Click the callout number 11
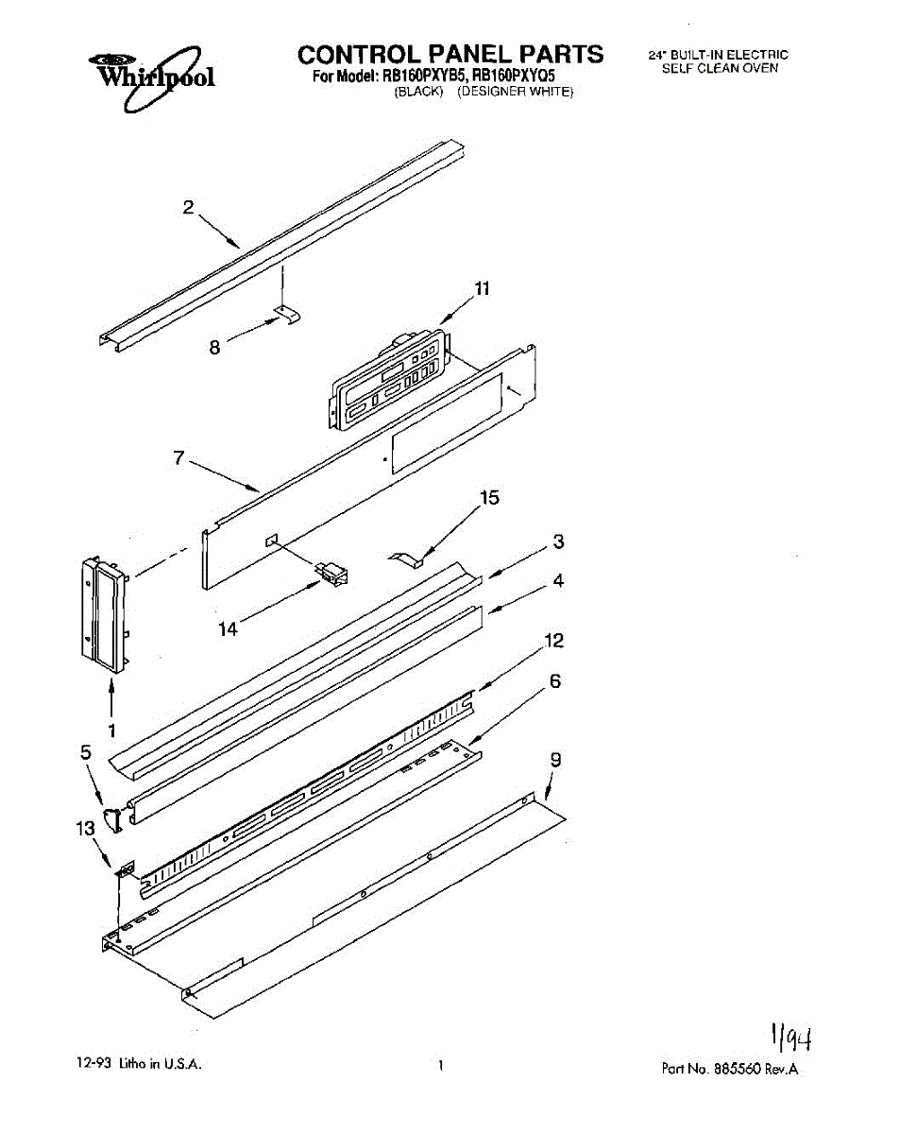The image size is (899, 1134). pos(482,290)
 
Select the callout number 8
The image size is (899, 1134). pos(215,348)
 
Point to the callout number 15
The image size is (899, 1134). pos(490,498)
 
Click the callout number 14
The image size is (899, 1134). pos(228,627)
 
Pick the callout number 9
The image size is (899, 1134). pos(556,759)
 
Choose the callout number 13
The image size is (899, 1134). pos(86,829)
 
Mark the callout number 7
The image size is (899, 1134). pos(178,458)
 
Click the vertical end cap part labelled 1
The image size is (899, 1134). pos(105,615)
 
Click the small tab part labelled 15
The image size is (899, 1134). pos(403,558)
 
